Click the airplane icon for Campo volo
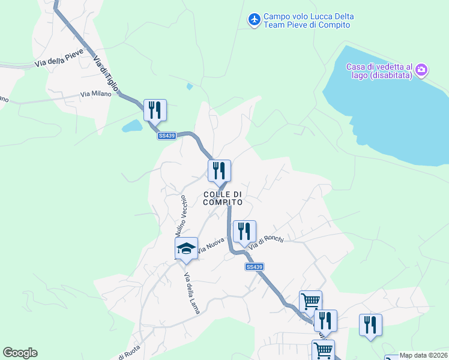click(x=254, y=20)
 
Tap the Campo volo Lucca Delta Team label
click(x=309, y=20)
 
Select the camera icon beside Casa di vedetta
click(x=421, y=70)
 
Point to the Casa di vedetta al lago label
click(x=379, y=71)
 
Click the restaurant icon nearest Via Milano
click(x=155, y=110)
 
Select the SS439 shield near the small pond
click(x=167, y=136)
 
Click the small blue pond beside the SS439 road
click(x=131, y=126)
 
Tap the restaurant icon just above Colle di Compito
click(x=219, y=170)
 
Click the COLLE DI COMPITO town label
click(x=223, y=198)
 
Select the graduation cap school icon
click(x=186, y=248)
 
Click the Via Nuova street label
click(x=211, y=244)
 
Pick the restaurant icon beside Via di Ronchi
click(x=244, y=230)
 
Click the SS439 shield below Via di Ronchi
click(x=255, y=266)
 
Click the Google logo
click(x=20, y=353)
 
